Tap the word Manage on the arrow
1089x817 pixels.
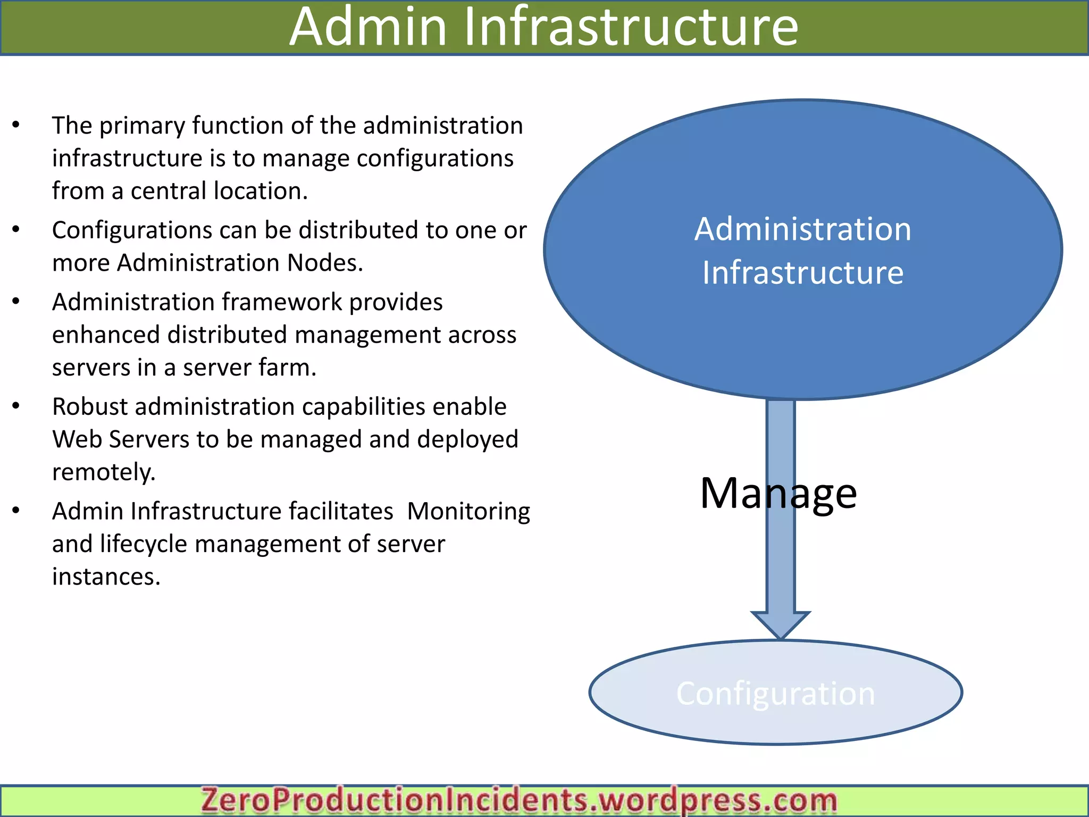[x=778, y=494]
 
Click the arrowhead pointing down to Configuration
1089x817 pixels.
[x=780, y=624]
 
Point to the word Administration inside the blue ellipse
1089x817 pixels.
[x=802, y=230]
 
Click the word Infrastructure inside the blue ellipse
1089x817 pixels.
[x=802, y=273]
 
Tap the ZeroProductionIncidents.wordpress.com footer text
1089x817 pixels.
[x=519, y=801]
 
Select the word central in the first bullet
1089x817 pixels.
[x=169, y=191]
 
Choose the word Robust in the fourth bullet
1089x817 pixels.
[x=90, y=407]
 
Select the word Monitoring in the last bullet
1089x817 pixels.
[x=468, y=512]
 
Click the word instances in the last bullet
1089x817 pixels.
[x=106, y=577]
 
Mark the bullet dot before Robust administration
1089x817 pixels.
[x=16, y=406]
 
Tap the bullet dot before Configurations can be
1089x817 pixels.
[x=16, y=230]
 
